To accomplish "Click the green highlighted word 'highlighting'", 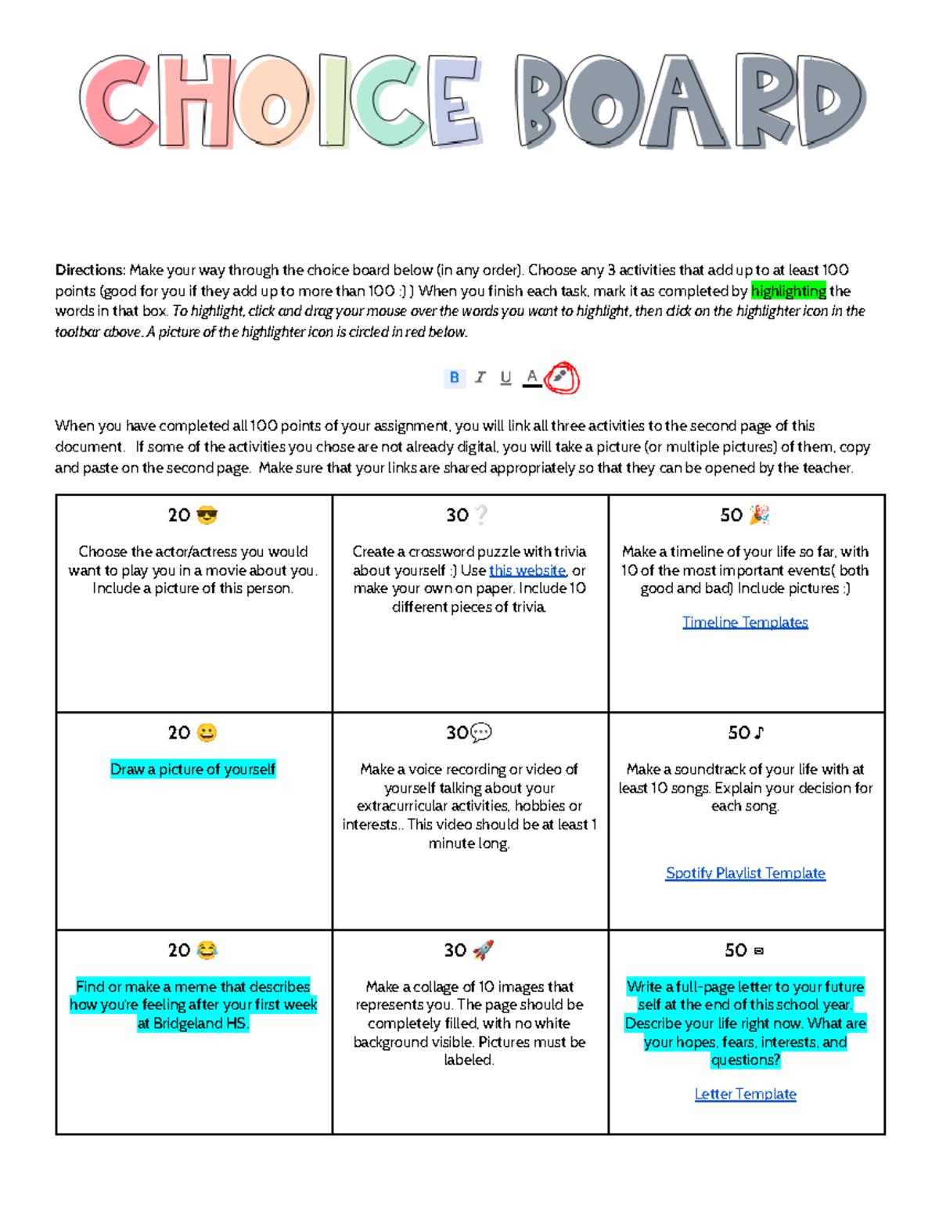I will pos(788,291).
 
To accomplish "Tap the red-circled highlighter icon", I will pos(560,377).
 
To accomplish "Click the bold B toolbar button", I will pos(454,378).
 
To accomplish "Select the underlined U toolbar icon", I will pos(505,378).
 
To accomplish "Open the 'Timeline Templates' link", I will pos(745,622).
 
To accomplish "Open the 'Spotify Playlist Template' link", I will pos(745,873).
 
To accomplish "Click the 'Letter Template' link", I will pos(745,1094).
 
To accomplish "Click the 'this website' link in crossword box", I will pos(527,570).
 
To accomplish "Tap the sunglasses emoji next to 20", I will pos(207,515).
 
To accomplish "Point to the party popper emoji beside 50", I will pos(759,515).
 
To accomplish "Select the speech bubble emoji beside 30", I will pos(480,733).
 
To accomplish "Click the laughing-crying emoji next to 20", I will pos(207,950).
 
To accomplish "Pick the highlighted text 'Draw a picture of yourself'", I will pos(192,769).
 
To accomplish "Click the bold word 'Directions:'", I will pos(90,270).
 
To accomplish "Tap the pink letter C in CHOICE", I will pos(117,102).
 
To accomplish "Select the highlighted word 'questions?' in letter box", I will pos(745,1060).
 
